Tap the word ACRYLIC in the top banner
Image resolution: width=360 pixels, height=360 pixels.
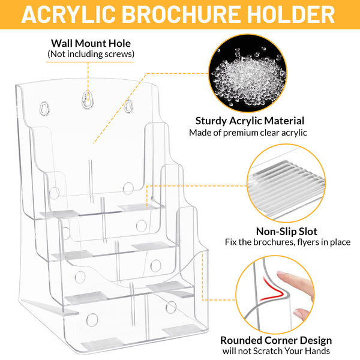point(68,14)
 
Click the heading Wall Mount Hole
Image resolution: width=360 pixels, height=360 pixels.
point(91,43)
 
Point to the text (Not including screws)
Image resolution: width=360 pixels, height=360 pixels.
point(91,54)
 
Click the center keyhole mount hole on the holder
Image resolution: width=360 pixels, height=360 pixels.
point(88,100)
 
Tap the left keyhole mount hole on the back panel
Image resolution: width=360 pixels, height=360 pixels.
point(44,109)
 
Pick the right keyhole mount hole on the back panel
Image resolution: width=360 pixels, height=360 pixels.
point(128,106)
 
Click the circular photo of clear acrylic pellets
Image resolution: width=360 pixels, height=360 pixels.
point(247,73)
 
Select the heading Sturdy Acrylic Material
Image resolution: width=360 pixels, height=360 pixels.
point(250,121)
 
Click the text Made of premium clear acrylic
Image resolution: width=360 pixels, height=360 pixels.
point(248,133)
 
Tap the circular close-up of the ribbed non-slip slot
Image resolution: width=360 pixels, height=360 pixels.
point(286,183)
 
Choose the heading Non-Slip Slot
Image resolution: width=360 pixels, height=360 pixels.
point(287,232)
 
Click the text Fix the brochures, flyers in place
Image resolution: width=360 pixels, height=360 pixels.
point(287,242)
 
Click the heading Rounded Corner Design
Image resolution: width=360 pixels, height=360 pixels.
point(276,340)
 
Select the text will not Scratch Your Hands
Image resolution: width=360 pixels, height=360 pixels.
point(276,351)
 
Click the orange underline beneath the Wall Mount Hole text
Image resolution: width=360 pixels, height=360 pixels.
point(90,62)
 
